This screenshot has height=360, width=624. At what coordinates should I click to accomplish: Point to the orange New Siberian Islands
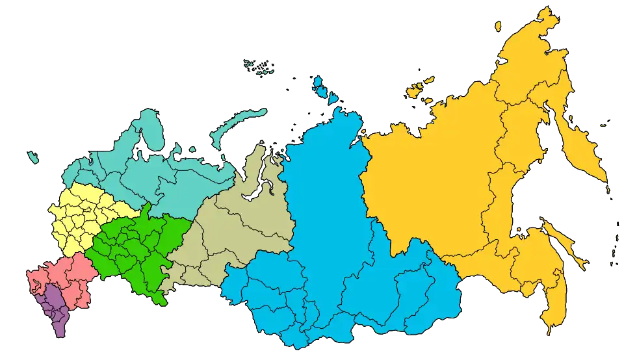[x=419, y=88]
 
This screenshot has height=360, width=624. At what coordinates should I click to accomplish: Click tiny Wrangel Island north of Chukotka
[x=497, y=27]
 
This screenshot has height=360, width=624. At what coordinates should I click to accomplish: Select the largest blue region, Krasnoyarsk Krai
[x=325, y=195]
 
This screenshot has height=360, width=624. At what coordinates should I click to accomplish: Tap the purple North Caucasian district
[x=55, y=312]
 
